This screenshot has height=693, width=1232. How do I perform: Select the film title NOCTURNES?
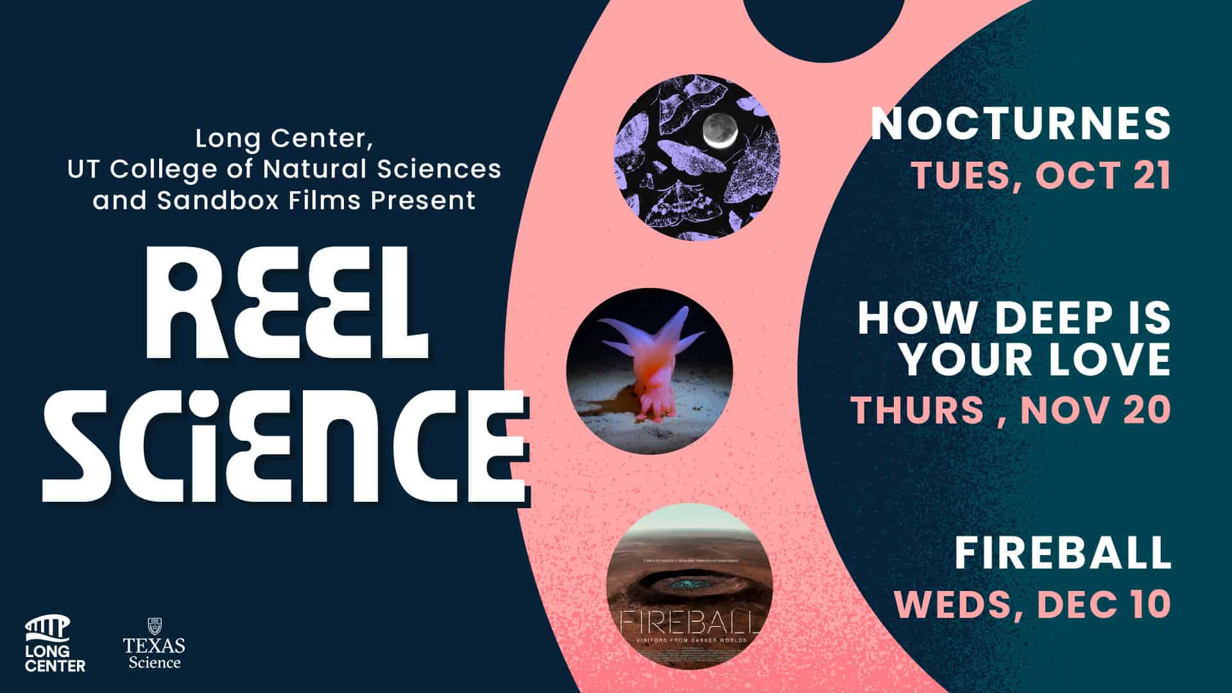coord(1020,123)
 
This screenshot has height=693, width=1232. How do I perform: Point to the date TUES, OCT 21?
coord(1041,175)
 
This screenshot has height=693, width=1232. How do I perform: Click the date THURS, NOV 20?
coord(1011,410)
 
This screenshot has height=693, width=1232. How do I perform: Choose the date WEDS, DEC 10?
coord(1033,603)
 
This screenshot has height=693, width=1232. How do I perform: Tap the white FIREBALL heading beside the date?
coord(1063,552)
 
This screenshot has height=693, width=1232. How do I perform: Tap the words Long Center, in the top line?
coord(284,139)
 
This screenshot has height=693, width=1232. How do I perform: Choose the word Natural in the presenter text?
coord(315,169)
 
